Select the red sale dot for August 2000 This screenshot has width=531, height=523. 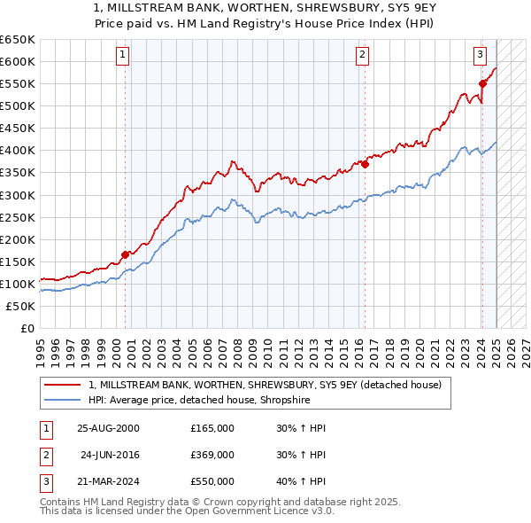(x=125, y=254)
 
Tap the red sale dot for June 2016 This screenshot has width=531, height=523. (x=365, y=163)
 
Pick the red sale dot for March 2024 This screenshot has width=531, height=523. (x=482, y=83)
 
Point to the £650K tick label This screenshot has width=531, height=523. (x=18, y=40)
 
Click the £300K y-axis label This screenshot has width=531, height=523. (x=18, y=195)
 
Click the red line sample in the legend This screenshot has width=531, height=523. (x=62, y=385)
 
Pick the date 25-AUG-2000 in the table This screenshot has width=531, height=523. (x=109, y=428)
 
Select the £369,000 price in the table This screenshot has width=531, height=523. (x=212, y=455)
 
